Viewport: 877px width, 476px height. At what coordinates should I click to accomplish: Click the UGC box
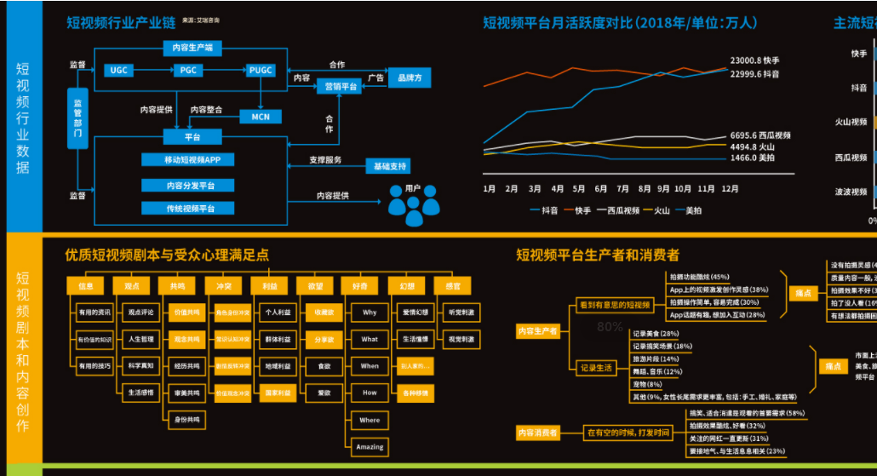[118, 70]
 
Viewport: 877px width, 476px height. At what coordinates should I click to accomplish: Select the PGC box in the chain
[189, 70]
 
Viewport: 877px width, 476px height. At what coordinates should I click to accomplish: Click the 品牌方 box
[410, 78]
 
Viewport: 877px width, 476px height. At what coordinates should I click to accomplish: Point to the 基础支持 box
[387, 165]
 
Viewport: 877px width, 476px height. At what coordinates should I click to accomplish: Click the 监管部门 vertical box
[77, 118]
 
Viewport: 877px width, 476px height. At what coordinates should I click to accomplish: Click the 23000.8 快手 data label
[754, 60]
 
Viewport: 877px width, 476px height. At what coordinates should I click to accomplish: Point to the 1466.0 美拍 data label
[753, 158]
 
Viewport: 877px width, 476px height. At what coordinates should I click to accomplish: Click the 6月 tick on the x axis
[601, 188]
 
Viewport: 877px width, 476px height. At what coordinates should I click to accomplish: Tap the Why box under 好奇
[370, 313]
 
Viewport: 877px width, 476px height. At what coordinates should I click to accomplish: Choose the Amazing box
[370, 446]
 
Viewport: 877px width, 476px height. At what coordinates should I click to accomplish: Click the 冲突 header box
[223, 286]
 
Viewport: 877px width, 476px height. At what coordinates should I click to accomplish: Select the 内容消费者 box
[537, 433]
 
